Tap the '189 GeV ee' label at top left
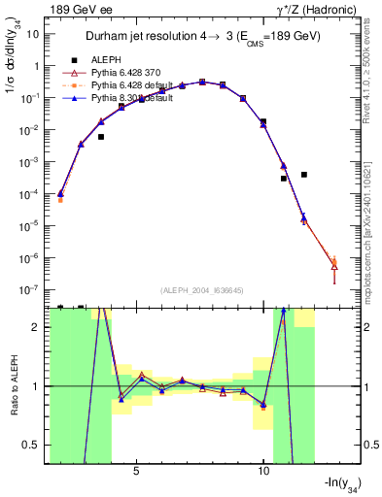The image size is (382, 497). pyautogui.click(x=77, y=10)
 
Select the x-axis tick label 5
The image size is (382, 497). pyautogui.click(x=136, y=472)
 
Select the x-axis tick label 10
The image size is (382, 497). pyautogui.click(x=263, y=472)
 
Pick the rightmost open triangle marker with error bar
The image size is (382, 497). pyautogui.click(x=334, y=265)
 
